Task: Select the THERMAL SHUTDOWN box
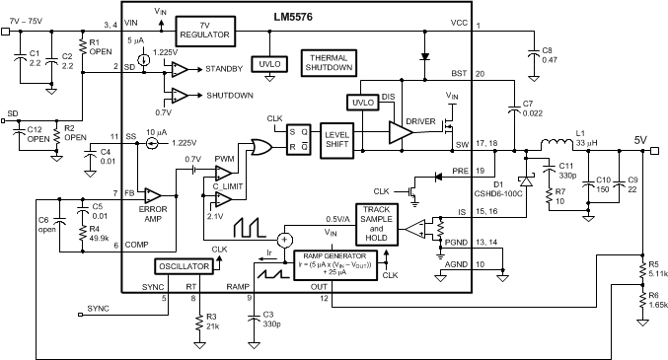point(329,63)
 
